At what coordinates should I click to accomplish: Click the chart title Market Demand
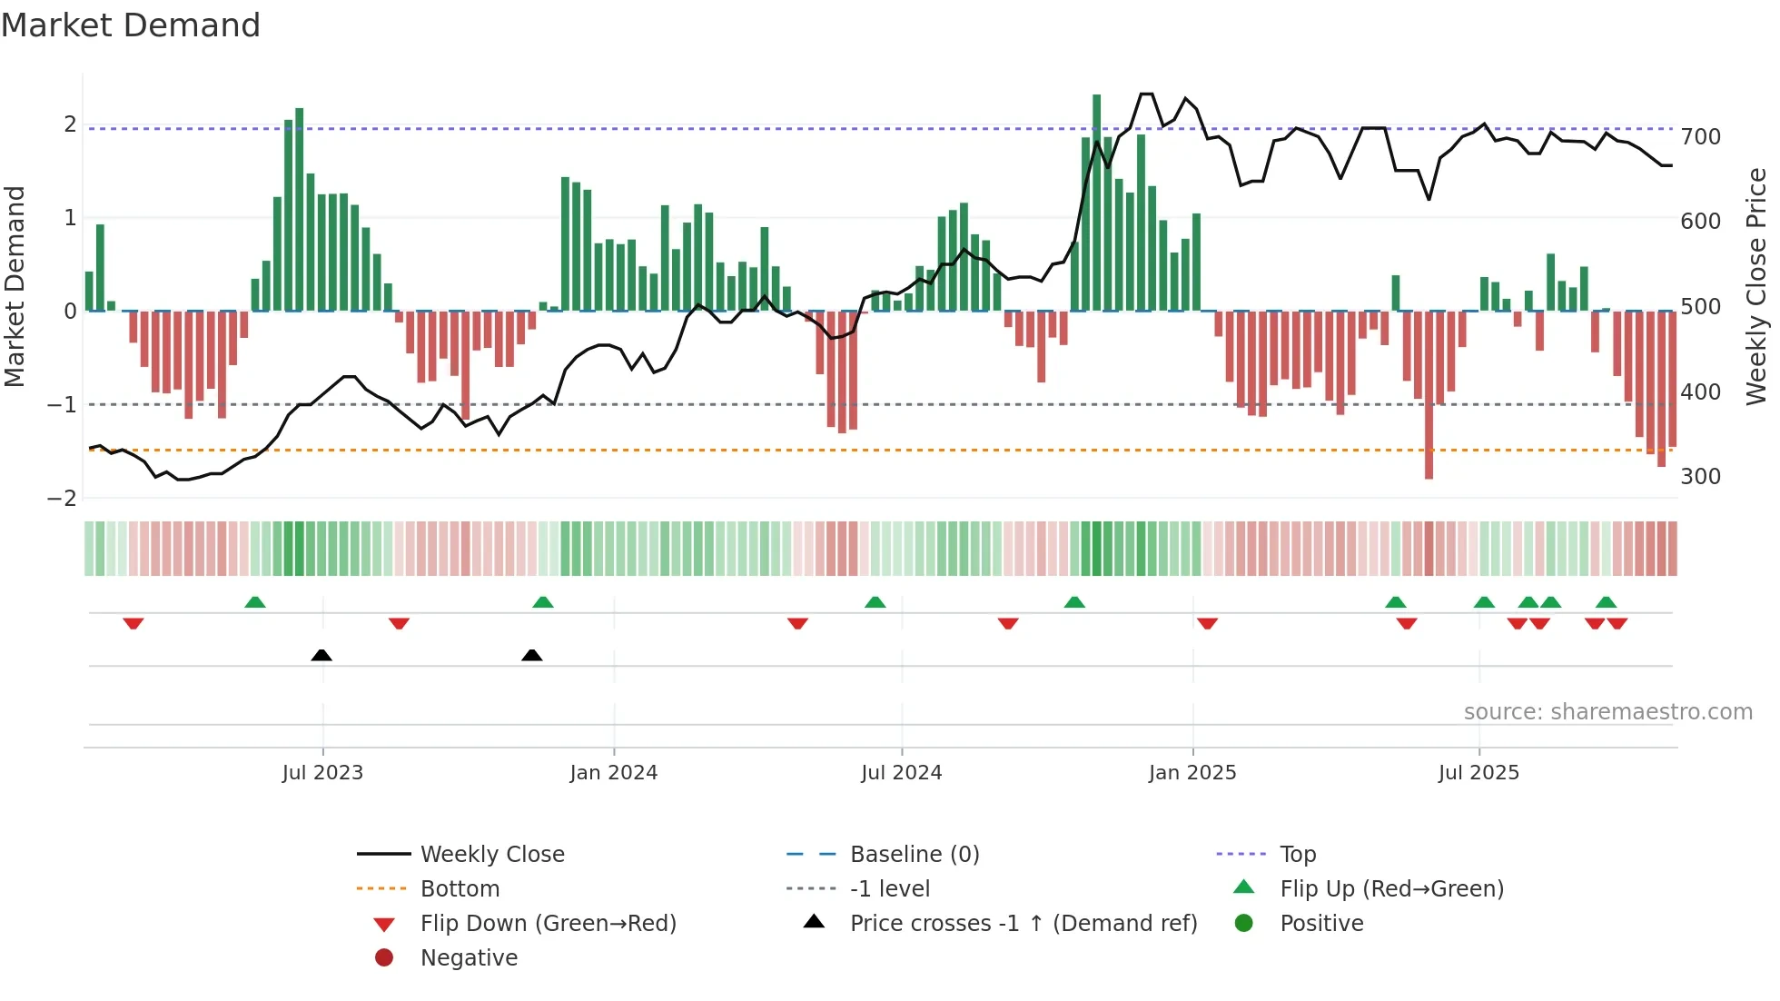tap(131, 25)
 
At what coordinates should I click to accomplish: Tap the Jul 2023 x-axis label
tap(322, 773)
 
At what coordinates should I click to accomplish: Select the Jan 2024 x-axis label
tap(613, 773)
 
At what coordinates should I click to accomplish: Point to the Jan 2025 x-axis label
tap(1192, 773)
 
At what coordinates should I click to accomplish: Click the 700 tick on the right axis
tap(1700, 137)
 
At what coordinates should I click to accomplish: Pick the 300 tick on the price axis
tap(1700, 477)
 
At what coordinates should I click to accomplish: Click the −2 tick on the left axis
tap(62, 498)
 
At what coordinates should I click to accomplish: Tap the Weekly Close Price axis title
tap(1756, 286)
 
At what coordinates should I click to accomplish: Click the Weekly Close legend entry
tap(491, 855)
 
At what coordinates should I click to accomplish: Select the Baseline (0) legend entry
tap(914, 855)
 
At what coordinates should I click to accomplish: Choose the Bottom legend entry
tap(460, 889)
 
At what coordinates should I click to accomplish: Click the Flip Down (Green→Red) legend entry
tap(548, 924)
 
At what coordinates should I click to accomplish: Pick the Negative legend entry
tap(469, 958)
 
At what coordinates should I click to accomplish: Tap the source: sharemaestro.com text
tap(1607, 712)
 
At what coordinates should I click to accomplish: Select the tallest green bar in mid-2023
tap(300, 209)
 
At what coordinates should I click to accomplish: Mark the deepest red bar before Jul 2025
tap(1429, 395)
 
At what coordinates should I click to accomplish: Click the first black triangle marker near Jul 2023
tap(321, 655)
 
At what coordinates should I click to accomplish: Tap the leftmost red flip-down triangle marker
tap(133, 623)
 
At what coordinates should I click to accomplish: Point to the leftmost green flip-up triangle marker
tap(255, 602)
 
